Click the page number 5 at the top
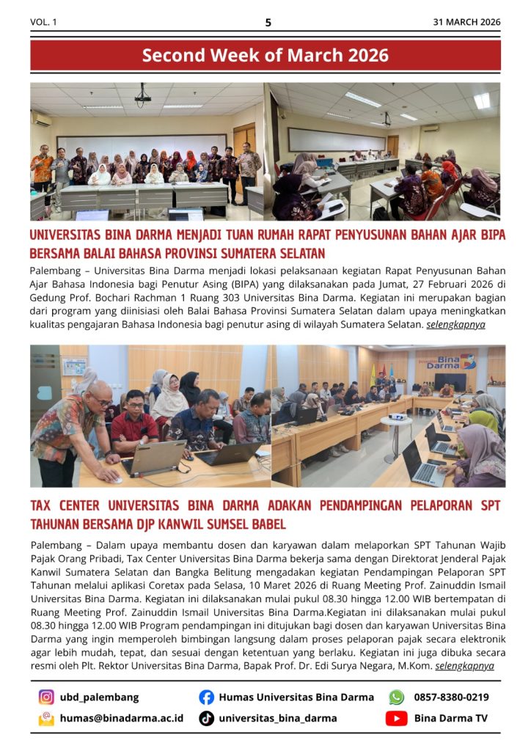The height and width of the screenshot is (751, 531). [268, 22]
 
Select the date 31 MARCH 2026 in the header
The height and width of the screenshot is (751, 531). [466, 22]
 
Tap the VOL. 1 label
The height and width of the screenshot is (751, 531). [43, 22]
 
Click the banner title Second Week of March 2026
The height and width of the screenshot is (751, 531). [265, 55]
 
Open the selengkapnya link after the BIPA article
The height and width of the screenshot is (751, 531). [455, 324]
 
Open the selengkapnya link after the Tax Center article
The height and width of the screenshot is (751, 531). [464, 666]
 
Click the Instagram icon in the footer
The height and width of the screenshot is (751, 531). [46, 697]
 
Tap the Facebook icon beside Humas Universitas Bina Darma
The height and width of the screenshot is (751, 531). [207, 697]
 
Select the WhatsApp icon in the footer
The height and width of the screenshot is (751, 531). [396, 697]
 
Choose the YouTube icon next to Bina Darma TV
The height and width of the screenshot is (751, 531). [396, 719]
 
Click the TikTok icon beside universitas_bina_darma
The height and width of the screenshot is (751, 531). [207, 719]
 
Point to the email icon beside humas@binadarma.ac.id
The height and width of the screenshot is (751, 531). [46, 719]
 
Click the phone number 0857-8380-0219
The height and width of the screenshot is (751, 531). [451, 697]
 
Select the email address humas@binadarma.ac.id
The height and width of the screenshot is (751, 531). [122, 719]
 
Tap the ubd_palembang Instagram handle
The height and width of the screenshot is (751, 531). [99, 697]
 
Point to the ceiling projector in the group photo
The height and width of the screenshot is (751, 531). [142, 95]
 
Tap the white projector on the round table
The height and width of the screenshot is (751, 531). [398, 417]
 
